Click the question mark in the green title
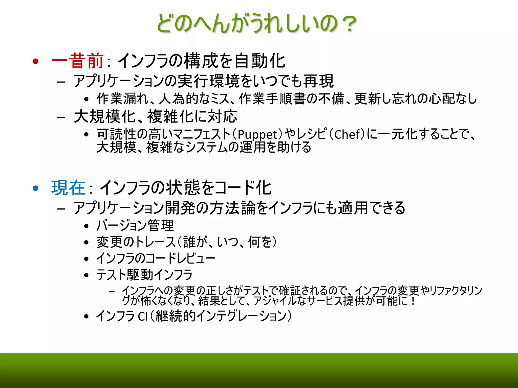(x=349, y=24)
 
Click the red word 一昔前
(x=77, y=61)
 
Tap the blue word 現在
(x=68, y=188)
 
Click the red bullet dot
(x=36, y=61)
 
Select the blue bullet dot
(x=36, y=188)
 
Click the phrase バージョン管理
(x=135, y=226)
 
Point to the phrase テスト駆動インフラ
(x=144, y=275)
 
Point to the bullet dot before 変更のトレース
(x=87, y=243)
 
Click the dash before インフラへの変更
(x=112, y=291)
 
